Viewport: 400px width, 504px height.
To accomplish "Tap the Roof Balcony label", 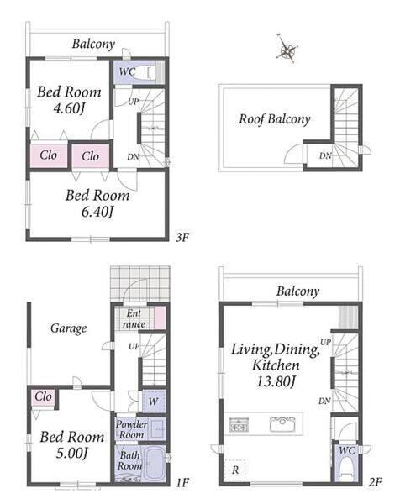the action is pos(274,119).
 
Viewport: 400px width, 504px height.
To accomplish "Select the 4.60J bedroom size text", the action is pos(69,108).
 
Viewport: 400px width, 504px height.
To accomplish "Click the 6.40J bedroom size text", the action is pos(97,212).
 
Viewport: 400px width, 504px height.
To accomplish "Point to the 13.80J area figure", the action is pos(276,381).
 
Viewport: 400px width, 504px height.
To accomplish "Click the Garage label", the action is pos(69,328).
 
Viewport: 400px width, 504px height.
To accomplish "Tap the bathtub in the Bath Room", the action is pos(154,463).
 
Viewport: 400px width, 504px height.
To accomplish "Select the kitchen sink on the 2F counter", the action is pos(282,424).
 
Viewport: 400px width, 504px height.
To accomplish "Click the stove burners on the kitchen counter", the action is pos(239,424).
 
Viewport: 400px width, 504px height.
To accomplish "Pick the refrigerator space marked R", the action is pos(234,470).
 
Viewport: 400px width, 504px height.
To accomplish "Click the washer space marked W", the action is pos(154,402).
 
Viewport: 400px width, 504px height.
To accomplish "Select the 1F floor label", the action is pos(182,482).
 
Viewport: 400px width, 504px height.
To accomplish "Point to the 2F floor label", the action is pos(375,482).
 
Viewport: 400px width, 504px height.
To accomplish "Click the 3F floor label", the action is pos(182,238).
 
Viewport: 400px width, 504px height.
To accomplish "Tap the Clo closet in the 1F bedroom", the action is pos(43,396).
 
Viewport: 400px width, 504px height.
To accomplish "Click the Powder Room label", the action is pos(131,429).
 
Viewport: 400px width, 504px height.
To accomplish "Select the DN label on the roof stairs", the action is pos(325,156).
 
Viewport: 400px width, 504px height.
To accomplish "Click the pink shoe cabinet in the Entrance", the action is pos(160,318).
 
